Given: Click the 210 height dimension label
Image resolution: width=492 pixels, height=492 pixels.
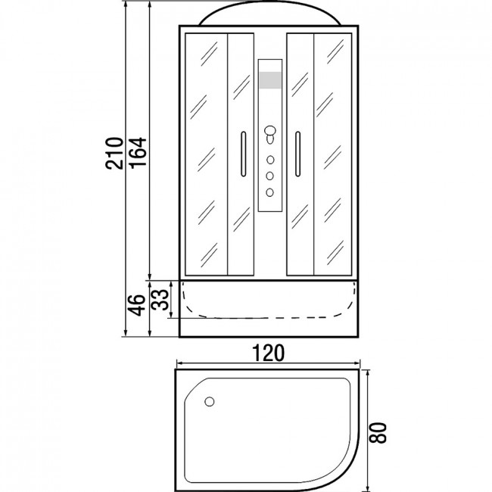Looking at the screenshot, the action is [114, 154].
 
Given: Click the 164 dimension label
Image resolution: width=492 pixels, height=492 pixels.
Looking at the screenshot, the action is [139, 154].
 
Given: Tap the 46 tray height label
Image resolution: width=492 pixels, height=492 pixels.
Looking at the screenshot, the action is [136, 305].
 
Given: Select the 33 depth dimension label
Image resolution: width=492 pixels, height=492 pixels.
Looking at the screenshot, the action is [160, 300].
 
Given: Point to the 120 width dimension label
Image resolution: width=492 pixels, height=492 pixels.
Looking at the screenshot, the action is [268, 353].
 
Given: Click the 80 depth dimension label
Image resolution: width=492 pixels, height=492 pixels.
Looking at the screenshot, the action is [377, 433].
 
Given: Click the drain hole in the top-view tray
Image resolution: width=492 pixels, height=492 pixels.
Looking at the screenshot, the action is [209, 402].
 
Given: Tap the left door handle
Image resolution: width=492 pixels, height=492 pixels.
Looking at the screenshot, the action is [244, 154].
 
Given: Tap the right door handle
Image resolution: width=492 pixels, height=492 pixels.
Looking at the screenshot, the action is [297, 154].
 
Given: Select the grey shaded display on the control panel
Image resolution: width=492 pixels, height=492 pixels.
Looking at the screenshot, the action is [270, 80].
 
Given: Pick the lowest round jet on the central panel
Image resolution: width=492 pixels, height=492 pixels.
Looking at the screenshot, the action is [270, 192].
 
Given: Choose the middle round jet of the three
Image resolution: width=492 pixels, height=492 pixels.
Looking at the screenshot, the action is [270, 176].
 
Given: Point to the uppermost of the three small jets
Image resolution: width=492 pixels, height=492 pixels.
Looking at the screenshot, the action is [270, 160].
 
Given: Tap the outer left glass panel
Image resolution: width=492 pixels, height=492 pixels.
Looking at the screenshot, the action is [206, 154].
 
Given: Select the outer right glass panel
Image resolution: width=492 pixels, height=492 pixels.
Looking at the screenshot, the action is [332, 154].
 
